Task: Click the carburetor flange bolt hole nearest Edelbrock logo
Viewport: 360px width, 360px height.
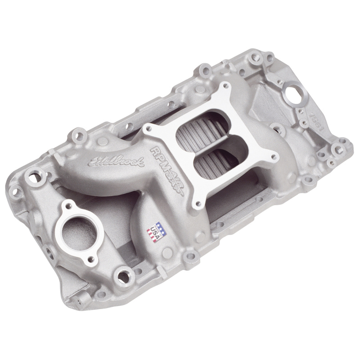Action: click(x=147, y=130)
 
